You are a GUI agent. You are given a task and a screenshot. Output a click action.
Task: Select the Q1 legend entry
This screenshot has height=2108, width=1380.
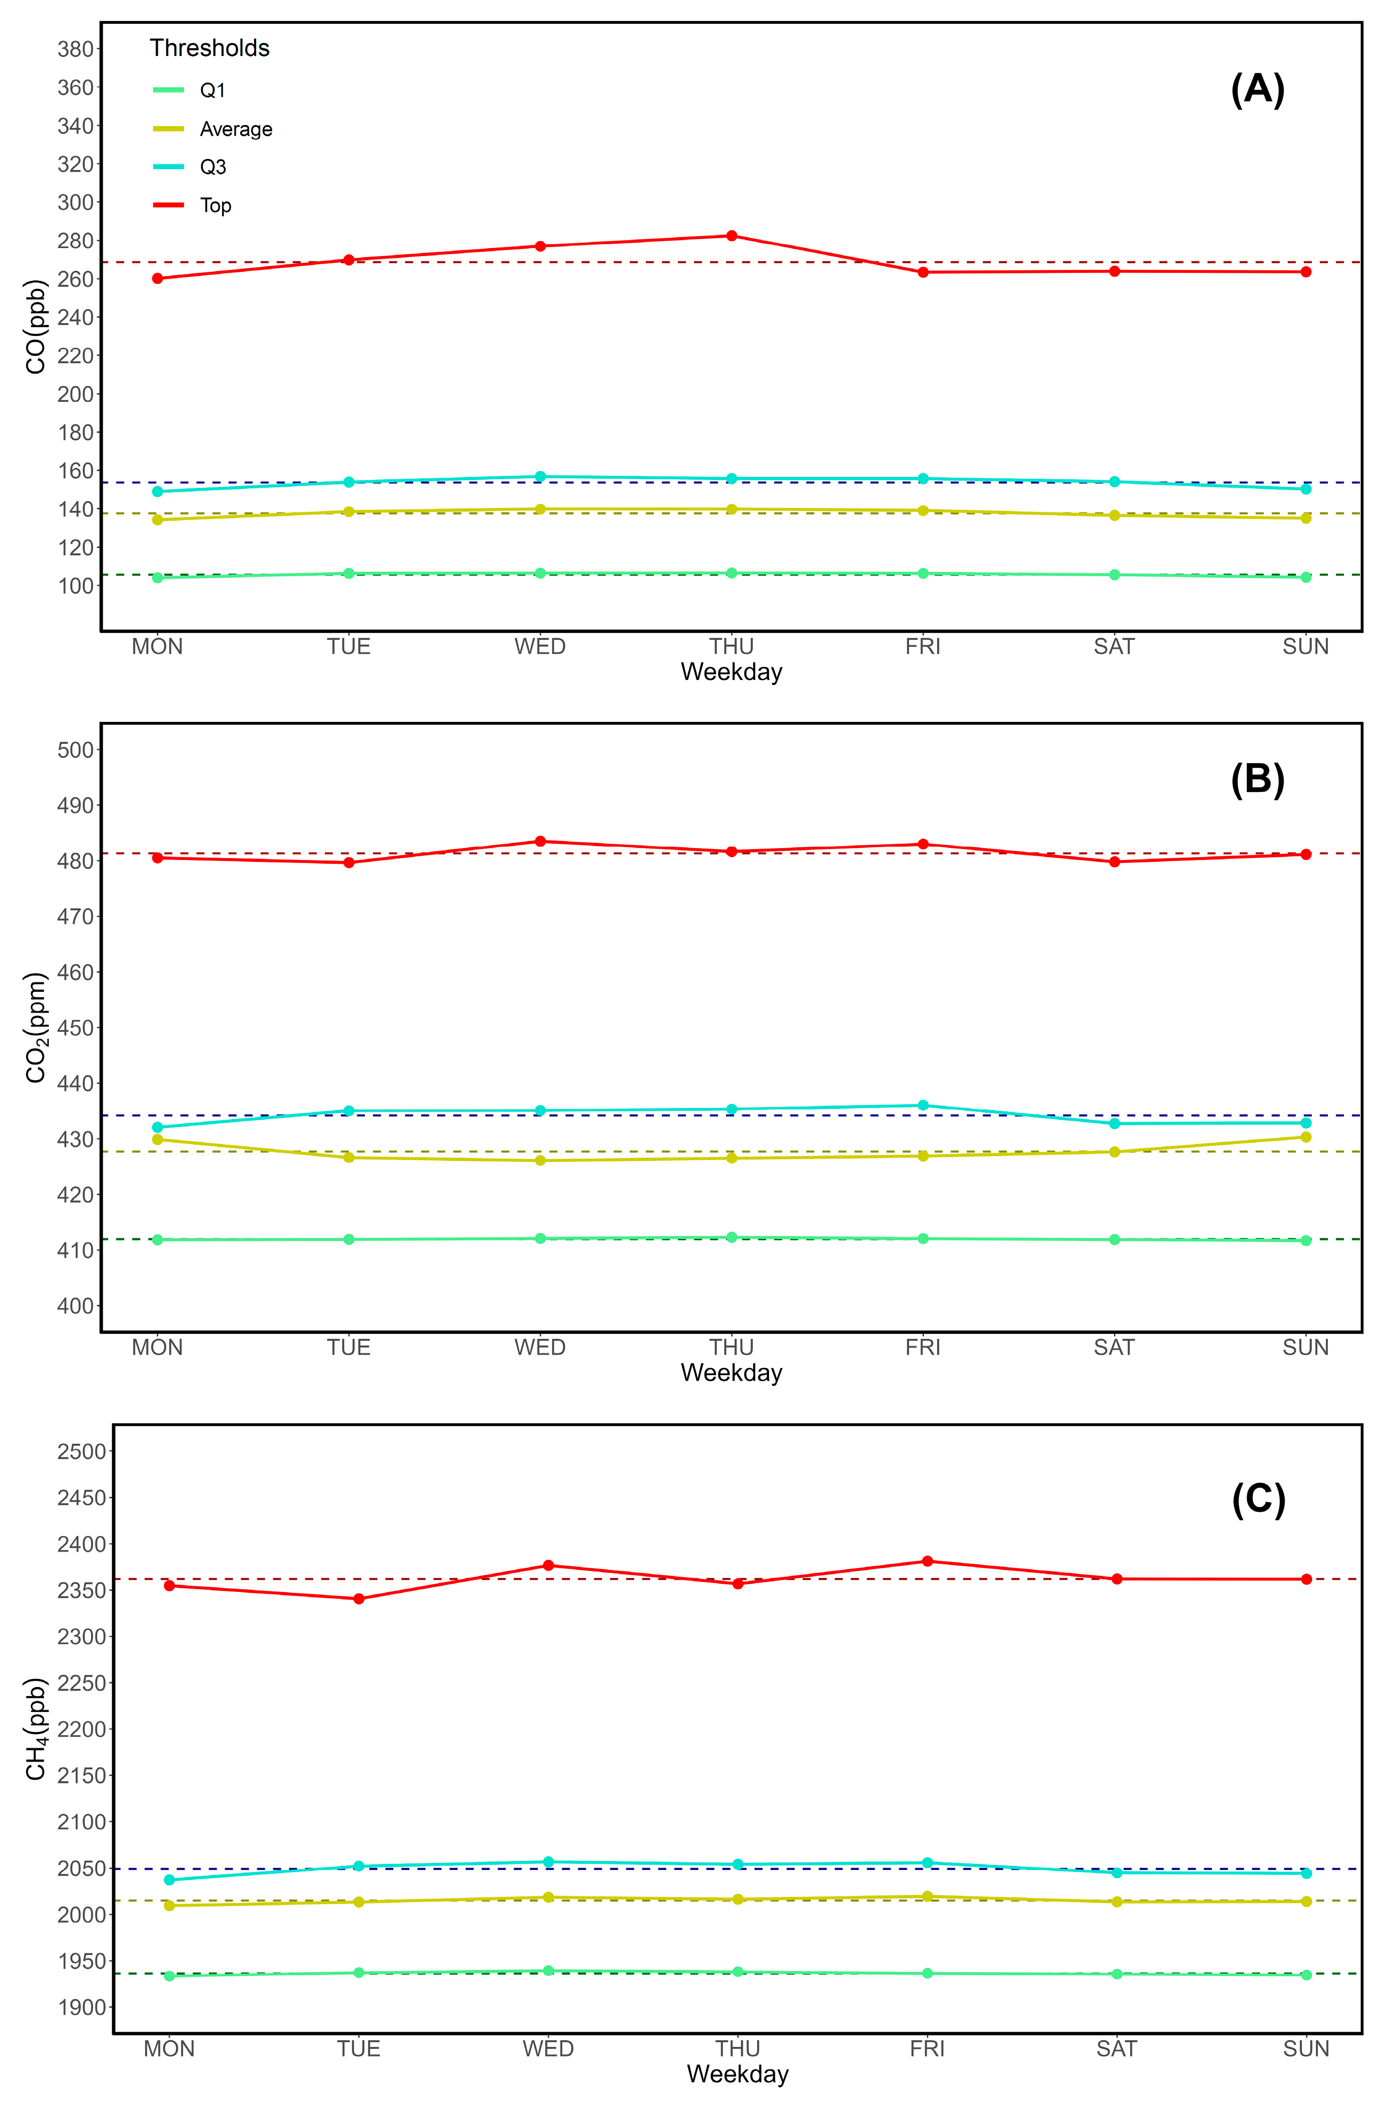213,90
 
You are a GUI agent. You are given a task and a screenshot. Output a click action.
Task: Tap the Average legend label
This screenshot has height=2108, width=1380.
235,129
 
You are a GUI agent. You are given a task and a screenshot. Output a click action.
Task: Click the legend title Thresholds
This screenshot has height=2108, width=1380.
209,48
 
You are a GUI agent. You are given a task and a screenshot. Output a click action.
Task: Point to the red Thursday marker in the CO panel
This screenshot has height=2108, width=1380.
732,236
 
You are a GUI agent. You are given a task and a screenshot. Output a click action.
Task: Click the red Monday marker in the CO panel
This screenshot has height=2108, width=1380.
158,278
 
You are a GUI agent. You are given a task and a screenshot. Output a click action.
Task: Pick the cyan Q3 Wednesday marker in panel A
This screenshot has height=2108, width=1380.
540,476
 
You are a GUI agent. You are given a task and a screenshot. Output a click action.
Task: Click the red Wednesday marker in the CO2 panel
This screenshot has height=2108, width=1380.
540,841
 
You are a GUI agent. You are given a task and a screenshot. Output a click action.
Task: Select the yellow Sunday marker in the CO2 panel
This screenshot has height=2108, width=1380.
1305,1137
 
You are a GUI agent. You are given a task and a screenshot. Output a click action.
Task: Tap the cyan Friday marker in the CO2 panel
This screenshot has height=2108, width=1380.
923,1106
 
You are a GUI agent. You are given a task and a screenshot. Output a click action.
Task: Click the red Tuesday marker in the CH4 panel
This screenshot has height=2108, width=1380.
359,1599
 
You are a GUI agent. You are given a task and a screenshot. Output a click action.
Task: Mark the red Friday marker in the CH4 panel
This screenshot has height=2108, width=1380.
927,1561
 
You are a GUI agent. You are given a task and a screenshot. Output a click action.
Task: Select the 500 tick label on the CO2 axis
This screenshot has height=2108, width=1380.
75,750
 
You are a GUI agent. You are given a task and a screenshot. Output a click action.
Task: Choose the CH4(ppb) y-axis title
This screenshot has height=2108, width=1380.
35,1729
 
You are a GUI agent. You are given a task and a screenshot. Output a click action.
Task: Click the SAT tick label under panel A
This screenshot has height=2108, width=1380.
1114,646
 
